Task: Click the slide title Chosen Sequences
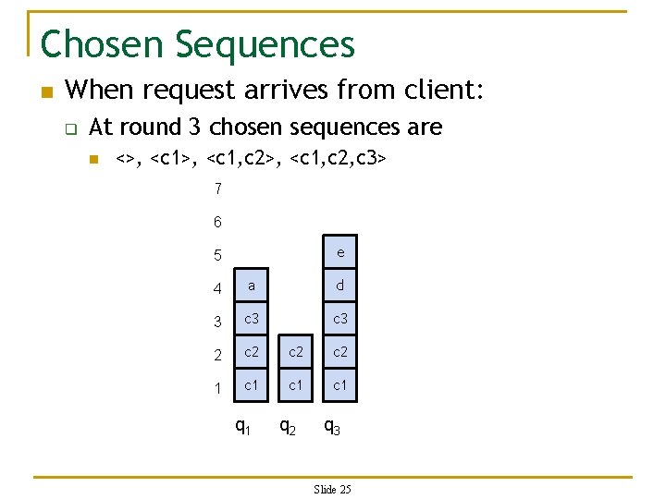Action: click(x=198, y=43)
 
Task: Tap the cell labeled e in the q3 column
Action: click(x=340, y=252)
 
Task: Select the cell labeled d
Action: click(x=340, y=286)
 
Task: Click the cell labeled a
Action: click(x=252, y=286)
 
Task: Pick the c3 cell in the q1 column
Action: click(x=252, y=319)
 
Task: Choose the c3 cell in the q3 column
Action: click(x=340, y=319)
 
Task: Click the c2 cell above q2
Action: click(x=296, y=352)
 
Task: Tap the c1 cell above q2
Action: click(x=296, y=384)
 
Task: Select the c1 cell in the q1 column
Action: click(x=252, y=384)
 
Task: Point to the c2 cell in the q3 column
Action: click(x=340, y=352)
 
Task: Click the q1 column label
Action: click(x=243, y=427)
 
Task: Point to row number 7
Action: click(x=217, y=189)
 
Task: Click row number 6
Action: click(x=217, y=222)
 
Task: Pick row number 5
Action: click(x=217, y=255)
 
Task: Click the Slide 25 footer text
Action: click(x=333, y=489)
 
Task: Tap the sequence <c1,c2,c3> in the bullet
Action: click(x=338, y=160)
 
